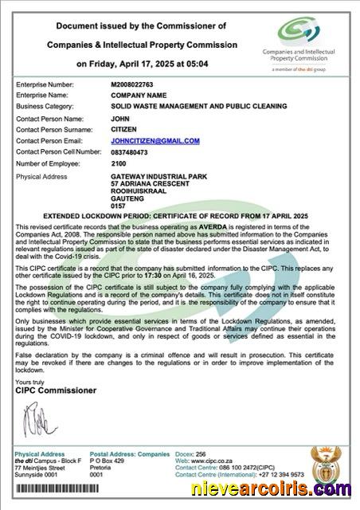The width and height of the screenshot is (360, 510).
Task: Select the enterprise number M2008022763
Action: (x=136, y=84)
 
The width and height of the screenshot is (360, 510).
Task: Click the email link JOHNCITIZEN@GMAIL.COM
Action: (x=155, y=140)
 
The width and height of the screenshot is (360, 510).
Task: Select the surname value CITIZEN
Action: (x=125, y=128)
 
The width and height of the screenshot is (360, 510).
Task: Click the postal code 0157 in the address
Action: (x=118, y=206)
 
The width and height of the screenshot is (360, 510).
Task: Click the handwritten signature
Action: (x=36, y=420)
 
